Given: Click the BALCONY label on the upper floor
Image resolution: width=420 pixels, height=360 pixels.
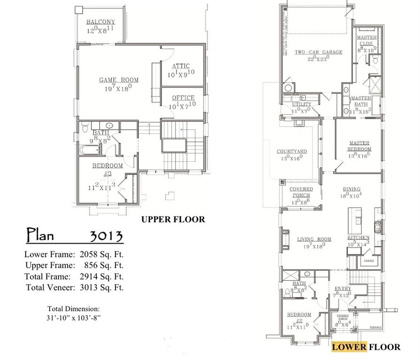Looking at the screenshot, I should click(x=100, y=22).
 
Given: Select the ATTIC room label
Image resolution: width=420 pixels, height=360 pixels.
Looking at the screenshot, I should click(x=181, y=66).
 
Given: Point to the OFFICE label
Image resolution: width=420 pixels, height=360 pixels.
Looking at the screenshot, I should click(x=183, y=97).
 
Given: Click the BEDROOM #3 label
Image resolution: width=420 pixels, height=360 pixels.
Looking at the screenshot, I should click(x=107, y=166).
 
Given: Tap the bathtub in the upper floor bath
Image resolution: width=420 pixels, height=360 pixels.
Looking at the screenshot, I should click(x=90, y=150).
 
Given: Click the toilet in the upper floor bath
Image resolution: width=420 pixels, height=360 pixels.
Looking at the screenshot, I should click(x=85, y=128).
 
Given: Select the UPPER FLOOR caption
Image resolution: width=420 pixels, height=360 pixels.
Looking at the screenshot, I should click(x=173, y=219).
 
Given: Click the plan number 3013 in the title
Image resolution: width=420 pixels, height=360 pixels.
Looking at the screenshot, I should click(x=106, y=235).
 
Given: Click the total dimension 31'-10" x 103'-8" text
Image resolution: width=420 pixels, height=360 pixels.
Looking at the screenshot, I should click(x=73, y=317).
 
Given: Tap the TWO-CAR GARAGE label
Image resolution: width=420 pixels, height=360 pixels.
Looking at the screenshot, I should click(x=318, y=52).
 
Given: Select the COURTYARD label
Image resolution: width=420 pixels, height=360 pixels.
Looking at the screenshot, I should click(x=291, y=151).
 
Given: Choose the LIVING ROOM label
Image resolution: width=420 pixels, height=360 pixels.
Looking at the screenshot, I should click(x=314, y=240).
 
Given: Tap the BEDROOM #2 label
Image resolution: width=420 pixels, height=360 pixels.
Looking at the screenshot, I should click(x=299, y=315).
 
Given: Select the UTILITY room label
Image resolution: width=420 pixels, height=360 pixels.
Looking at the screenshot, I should click(x=301, y=104).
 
